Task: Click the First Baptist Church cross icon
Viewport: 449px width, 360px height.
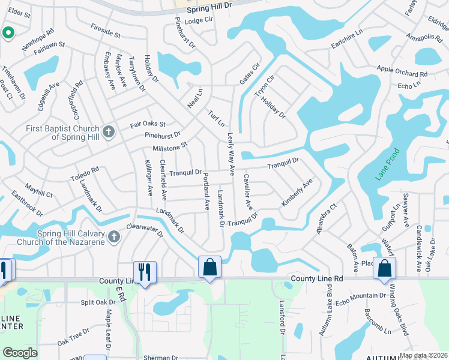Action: [108, 132]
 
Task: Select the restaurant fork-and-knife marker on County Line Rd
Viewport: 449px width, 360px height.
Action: [145, 272]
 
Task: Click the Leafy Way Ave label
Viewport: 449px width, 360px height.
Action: [230, 154]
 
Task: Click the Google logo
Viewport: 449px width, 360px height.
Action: [20, 353]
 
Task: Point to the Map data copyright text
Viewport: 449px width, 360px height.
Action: [424, 355]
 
